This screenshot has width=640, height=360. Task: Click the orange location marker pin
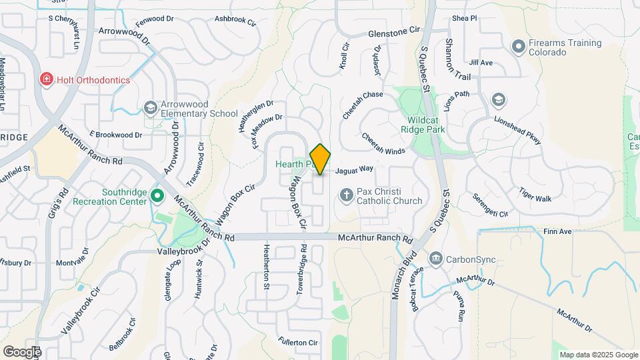click(321, 159)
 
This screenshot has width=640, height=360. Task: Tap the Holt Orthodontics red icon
click(46, 80)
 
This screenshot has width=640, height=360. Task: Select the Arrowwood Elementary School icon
click(151, 107)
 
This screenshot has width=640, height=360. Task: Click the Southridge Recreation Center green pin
click(157, 196)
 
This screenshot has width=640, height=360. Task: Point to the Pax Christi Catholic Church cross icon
click(346, 195)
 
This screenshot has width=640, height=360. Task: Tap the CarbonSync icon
click(436, 258)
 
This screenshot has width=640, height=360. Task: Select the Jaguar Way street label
click(355, 171)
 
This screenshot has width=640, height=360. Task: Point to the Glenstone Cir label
click(395, 31)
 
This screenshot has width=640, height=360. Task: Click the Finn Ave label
click(557, 231)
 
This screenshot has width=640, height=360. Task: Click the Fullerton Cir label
click(298, 342)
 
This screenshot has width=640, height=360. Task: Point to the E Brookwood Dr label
click(115, 134)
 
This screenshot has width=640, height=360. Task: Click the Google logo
click(21, 351)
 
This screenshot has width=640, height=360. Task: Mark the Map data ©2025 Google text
click(597, 355)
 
